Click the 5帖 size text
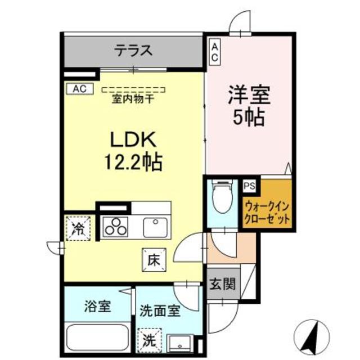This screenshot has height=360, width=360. point(249,118)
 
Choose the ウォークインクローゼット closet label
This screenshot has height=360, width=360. point(268,210)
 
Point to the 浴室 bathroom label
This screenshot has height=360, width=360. point(97,307)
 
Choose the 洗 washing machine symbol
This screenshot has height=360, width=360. point(148,339)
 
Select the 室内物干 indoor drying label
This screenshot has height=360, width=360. point(133,100)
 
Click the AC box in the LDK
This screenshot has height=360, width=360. point(79,88)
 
